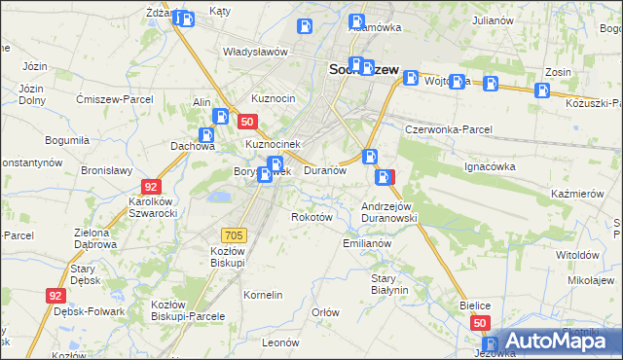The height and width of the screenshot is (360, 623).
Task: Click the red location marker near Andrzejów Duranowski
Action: (386, 177)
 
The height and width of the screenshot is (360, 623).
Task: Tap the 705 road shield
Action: (234, 234)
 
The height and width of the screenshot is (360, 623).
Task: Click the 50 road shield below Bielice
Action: (479, 322)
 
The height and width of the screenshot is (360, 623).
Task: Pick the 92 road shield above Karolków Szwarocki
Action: (150, 186)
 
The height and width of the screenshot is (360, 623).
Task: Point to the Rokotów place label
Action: (312, 217)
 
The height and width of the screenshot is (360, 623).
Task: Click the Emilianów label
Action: (367, 243)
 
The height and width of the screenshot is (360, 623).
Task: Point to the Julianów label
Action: (492, 19)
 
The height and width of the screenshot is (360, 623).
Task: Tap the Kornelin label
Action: (263, 294)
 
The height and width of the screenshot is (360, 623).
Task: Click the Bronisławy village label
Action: (106, 169)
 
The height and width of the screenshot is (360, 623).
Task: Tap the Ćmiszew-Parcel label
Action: (110, 98)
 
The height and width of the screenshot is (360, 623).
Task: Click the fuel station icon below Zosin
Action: (542, 91)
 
